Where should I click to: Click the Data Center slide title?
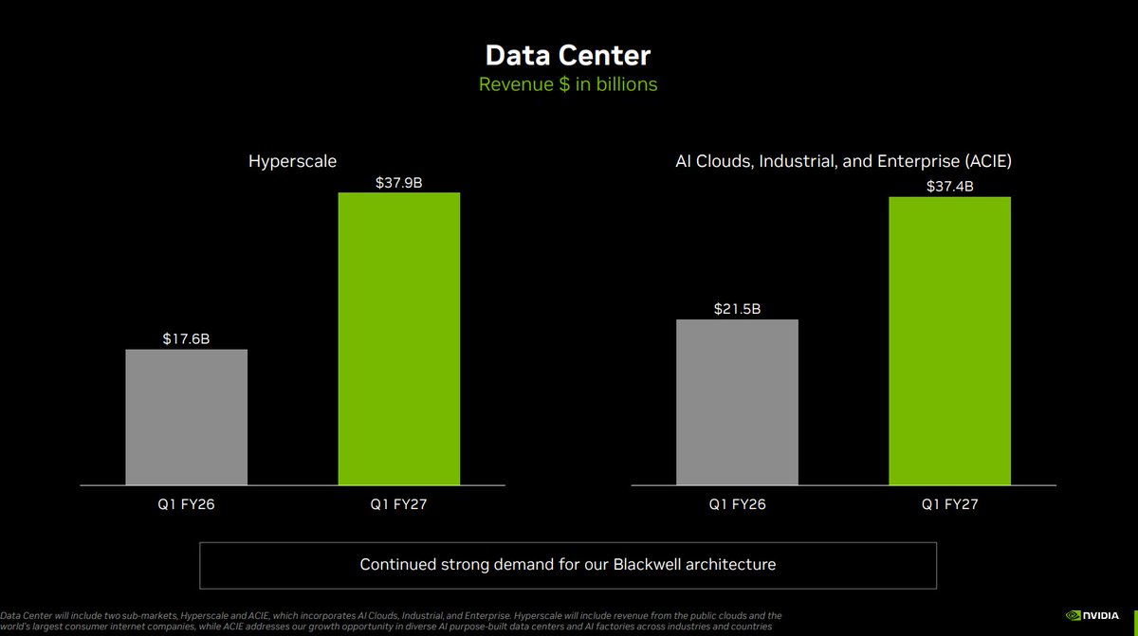pos(568,55)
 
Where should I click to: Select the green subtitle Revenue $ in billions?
pos(568,84)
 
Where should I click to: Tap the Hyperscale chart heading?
pos(292,161)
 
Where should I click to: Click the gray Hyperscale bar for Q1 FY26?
pos(187,417)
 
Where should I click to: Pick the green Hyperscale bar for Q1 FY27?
pos(399,338)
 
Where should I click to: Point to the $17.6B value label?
pos(186,338)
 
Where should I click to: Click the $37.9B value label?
pos(399,183)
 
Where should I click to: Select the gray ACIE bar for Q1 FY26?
pos(737,402)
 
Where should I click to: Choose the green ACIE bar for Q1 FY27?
pos(950,341)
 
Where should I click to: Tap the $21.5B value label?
pos(737,309)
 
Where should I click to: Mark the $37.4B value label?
pos(950,187)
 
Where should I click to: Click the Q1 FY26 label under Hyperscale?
pos(186,504)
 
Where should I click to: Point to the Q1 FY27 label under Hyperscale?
pos(399,504)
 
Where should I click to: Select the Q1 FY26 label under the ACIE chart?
pos(737,504)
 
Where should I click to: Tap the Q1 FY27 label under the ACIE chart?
pos(950,504)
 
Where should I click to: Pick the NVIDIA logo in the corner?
pos(1092,616)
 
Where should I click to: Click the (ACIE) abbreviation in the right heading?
pos(988,161)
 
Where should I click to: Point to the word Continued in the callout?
pos(397,564)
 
